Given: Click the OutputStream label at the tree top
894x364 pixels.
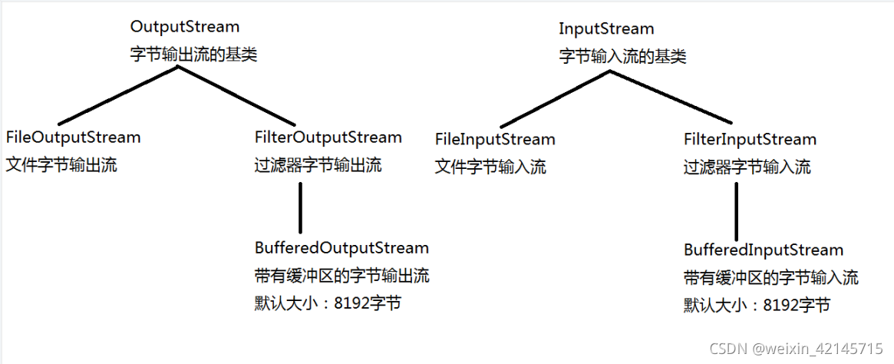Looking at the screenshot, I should (x=184, y=27).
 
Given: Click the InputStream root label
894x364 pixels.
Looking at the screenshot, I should (x=606, y=29).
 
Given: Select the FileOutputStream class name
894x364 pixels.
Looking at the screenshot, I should (x=74, y=137).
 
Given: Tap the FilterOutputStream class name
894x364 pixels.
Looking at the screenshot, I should (x=328, y=137).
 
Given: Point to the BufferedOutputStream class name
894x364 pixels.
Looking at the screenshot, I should (x=341, y=248).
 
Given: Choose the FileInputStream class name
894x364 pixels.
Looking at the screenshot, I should (x=495, y=140).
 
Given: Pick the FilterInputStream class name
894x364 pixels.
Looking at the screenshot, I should (x=750, y=140).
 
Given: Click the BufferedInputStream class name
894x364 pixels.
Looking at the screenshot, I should (x=764, y=250).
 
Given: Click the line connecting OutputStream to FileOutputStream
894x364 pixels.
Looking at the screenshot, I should (x=119, y=95).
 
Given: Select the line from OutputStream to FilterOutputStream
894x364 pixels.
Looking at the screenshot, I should (x=237, y=95).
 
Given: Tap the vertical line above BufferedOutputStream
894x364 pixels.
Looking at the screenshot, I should (x=300, y=207).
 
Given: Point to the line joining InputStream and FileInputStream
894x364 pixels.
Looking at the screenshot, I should (x=555, y=98).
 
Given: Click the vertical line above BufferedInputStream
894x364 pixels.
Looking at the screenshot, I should (x=736, y=212).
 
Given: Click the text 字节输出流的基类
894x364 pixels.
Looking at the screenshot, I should (x=194, y=55).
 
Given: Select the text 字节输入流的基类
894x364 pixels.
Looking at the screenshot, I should (x=622, y=56).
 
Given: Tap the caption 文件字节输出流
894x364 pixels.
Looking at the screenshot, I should (x=61, y=164).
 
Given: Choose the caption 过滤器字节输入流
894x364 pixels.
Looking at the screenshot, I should (x=747, y=167).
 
